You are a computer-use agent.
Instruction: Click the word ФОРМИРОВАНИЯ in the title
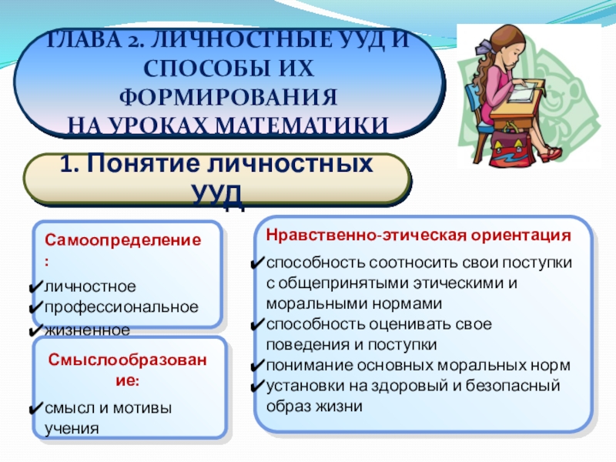click(228, 97)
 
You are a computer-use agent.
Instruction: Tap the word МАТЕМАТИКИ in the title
click(302, 126)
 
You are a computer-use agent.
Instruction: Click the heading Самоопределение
click(122, 239)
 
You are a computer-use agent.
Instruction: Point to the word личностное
click(90, 286)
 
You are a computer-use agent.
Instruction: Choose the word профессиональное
click(122, 307)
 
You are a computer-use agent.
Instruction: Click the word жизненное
click(87, 330)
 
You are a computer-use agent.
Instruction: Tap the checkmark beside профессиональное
click(36, 306)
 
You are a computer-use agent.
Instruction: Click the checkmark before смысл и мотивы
click(36, 408)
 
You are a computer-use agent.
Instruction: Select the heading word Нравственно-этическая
click(366, 236)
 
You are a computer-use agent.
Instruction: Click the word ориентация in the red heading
click(521, 236)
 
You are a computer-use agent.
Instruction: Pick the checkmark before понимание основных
click(257, 366)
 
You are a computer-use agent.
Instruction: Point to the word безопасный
click(513, 386)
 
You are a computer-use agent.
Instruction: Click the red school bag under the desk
click(512, 148)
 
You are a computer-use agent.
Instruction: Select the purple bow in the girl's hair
click(484, 49)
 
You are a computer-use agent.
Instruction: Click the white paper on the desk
click(523, 91)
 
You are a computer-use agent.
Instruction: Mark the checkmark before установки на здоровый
click(257, 387)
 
